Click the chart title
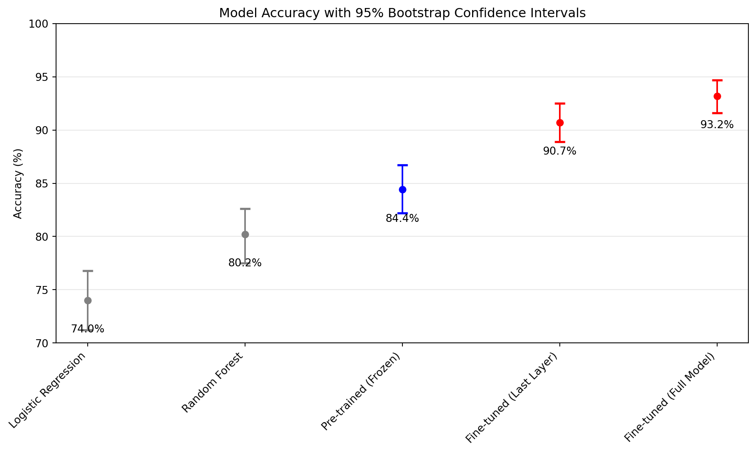pos(402,13)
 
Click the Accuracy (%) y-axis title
pos(18,183)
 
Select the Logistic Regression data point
pos(88,300)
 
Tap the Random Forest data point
pos(245,234)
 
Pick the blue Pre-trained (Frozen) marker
pos(402,189)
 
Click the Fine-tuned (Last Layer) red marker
pos(560,123)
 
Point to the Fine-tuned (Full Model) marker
pos(717,96)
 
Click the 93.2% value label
pos(717,125)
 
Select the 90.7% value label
pos(559,151)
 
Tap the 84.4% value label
pos(402,219)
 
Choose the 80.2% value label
pos(245,263)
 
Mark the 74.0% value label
pos(87,329)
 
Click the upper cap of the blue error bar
pos(402,165)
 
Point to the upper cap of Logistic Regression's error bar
pos(88,271)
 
